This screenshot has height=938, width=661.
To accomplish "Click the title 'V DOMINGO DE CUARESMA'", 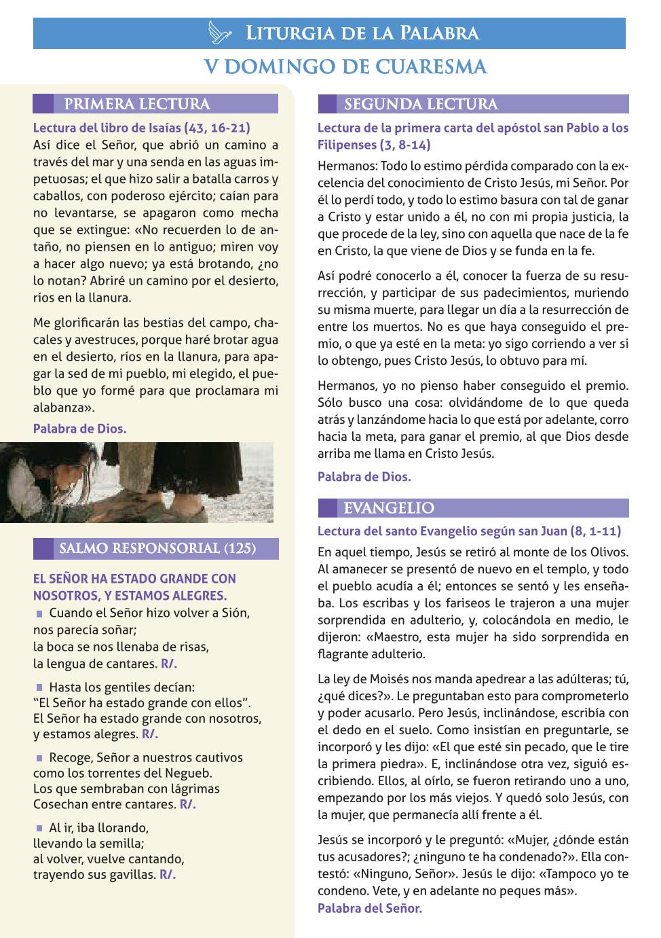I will (x=346, y=67).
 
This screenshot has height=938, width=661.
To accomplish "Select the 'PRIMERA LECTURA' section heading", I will (x=136, y=104).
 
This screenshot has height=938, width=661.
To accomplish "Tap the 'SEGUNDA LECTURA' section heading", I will (x=421, y=104).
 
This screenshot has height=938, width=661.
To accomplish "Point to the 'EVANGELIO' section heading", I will (x=389, y=508).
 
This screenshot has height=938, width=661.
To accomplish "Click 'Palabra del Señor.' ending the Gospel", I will (x=370, y=908).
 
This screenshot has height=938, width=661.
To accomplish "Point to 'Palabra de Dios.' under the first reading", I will (x=79, y=429).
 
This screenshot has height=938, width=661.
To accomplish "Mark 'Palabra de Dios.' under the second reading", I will (x=364, y=477).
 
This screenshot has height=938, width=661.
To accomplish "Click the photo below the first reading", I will (x=136, y=482).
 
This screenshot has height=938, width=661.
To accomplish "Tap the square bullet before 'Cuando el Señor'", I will (x=39, y=613).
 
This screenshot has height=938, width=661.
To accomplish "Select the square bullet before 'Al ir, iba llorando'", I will (x=39, y=828).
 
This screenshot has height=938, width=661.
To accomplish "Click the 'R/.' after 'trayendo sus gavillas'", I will (x=168, y=875).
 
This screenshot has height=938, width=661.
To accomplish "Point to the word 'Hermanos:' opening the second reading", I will (x=347, y=166).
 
